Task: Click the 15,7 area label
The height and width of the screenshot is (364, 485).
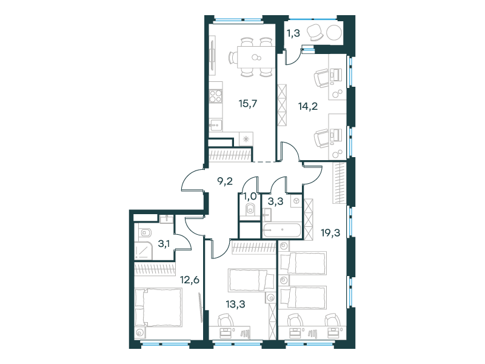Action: tap(248, 104)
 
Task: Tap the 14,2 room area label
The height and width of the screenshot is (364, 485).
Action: tap(308, 107)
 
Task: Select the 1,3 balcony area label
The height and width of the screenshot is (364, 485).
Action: tap(293, 33)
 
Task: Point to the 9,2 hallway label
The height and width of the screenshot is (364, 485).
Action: tap(225, 181)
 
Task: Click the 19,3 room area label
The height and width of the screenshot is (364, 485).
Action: tap(330, 232)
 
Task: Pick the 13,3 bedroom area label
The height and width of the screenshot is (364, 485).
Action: tap(235, 305)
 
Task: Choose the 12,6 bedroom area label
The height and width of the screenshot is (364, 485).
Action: tap(190, 280)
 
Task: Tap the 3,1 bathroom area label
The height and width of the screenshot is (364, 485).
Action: tap(164, 244)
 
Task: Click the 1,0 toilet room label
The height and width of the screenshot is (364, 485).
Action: tap(250, 196)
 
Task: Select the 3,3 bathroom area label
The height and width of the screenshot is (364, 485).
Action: tap(275, 202)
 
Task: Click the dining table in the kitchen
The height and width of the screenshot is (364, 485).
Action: tap(256, 57)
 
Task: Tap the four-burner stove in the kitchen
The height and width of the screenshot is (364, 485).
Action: tap(216, 96)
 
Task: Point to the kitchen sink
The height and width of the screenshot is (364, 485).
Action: tap(216, 125)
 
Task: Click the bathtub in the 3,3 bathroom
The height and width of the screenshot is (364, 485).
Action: tap(281, 230)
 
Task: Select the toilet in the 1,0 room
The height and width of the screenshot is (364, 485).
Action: tap(250, 209)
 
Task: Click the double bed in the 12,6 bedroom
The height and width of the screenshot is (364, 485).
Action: tap(158, 307)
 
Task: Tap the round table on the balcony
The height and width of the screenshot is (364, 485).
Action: tap(334, 32)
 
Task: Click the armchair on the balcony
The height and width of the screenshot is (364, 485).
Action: tap(315, 32)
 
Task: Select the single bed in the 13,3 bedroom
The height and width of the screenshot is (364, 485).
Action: tap(251, 280)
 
